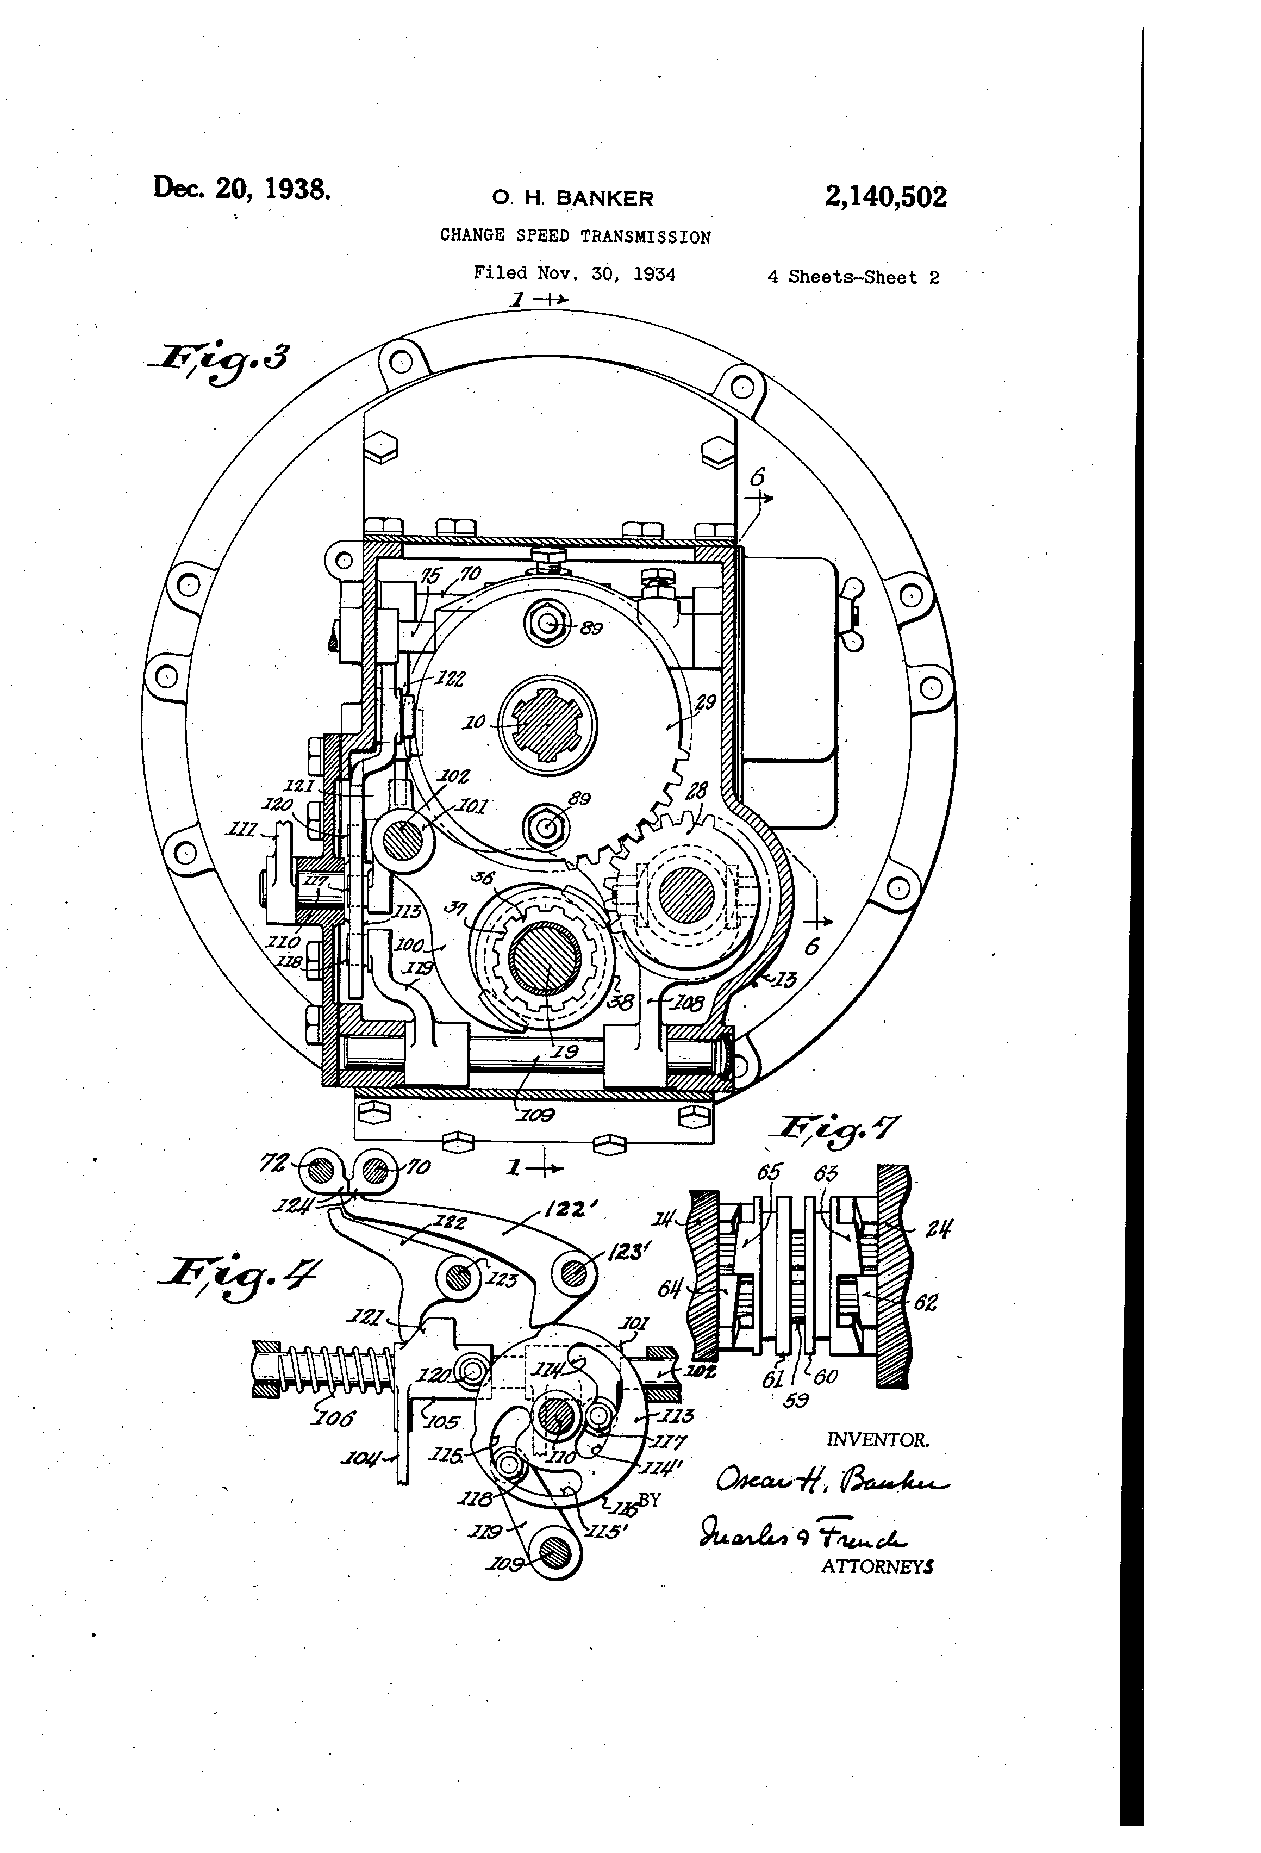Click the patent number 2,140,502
pos(885,197)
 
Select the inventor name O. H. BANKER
pos(572,198)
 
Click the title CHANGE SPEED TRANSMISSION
pos(575,237)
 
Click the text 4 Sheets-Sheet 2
pos(853,277)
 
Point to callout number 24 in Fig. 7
pos(938,1228)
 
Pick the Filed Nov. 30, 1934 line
pos(574,274)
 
